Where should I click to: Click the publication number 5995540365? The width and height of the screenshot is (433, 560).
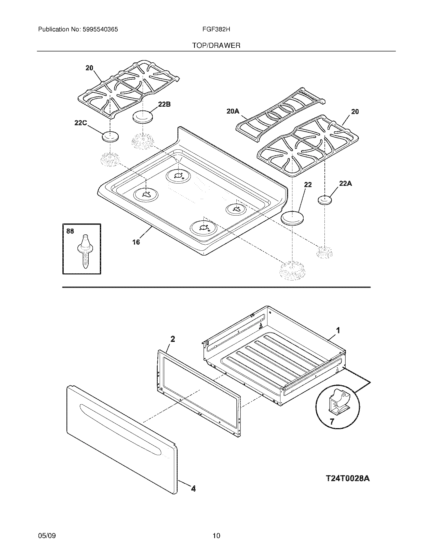coord(100,30)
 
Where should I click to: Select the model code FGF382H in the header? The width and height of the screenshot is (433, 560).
coord(216,30)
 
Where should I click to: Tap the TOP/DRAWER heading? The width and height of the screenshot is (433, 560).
coord(216,46)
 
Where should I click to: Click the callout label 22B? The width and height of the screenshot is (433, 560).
coord(164,104)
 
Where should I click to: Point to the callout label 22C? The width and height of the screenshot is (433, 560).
coord(80,123)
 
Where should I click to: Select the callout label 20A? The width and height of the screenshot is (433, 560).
coord(233,111)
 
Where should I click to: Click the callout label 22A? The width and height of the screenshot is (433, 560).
coord(345,184)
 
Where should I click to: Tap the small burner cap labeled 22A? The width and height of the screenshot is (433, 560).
coord(324,200)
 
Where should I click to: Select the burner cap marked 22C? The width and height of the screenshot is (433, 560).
coord(110,136)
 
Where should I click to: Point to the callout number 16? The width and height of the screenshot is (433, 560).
coord(136,242)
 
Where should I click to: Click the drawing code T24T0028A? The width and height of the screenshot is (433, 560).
coord(348,479)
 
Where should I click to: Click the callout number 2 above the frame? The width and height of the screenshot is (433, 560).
coord(173,339)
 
